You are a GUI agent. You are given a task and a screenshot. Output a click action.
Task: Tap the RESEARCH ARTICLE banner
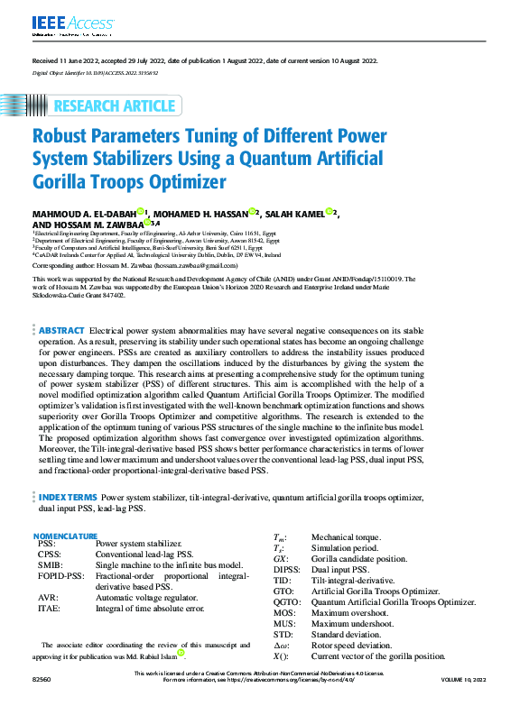click(x=114, y=106)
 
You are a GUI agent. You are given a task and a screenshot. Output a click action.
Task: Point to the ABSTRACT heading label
click(x=61, y=331)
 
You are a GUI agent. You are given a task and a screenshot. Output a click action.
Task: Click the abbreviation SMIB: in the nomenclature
click(x=51, y=564)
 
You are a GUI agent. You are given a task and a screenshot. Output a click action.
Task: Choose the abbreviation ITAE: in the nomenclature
click(x=50, y=609)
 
